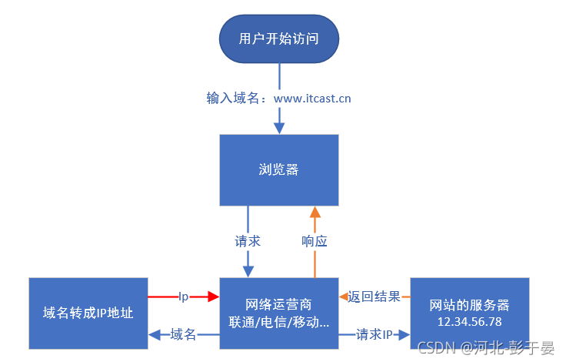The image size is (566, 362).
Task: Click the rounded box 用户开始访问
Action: click(279, 39)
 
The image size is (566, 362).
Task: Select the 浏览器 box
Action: click(278, 170)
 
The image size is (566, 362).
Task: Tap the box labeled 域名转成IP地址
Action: click(87, 313)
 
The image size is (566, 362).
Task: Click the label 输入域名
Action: click(231, 99)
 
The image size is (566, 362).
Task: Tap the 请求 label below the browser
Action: click(248, 241)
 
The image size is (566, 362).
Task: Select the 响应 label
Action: click(315, 241)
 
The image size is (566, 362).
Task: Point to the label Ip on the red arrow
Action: click(184, 296)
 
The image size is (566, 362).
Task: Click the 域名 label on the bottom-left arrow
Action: click(183, 334)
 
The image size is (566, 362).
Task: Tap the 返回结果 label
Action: click(374, 296)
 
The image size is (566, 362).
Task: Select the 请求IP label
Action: click(375, 334)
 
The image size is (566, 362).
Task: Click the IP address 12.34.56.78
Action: click(469, 320)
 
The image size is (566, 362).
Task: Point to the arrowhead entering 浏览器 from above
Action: click(279, 127)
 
